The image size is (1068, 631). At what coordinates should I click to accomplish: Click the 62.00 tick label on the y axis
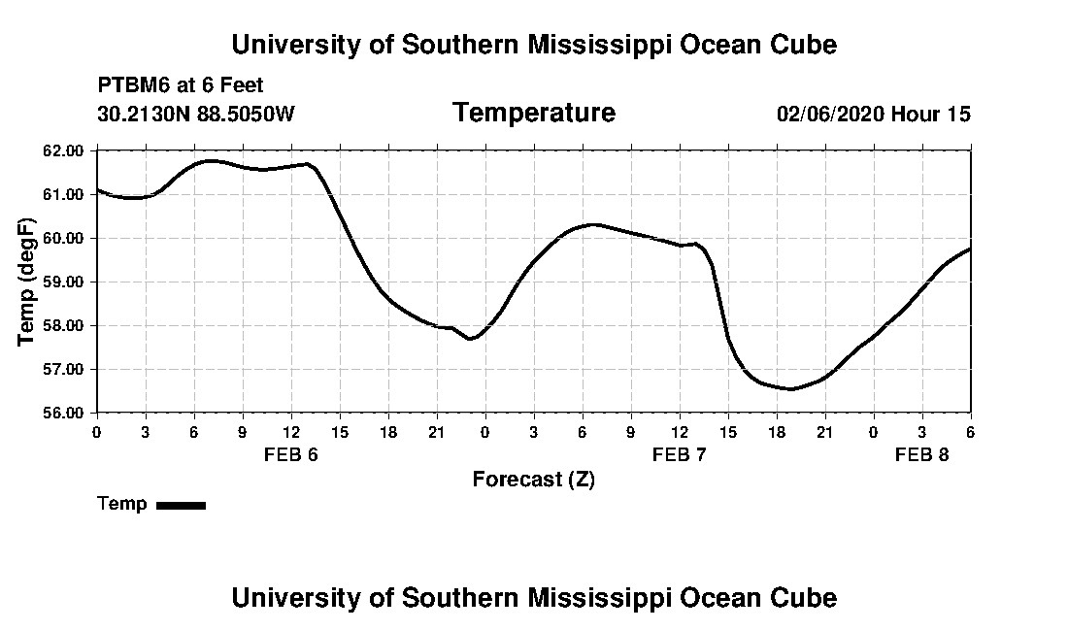click(64, 150)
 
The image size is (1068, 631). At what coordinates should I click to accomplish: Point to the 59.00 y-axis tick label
click(64, 282)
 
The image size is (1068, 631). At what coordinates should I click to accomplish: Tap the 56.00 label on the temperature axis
click(64, 413)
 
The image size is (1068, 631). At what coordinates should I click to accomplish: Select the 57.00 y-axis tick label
click(64, 369)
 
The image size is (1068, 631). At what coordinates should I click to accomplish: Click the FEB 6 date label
click(291, 454)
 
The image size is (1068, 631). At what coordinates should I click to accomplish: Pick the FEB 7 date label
click(680, 454)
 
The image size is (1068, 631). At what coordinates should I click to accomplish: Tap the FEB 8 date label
click(922, 454)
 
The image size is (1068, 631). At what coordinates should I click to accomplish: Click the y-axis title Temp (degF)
click(28, 282)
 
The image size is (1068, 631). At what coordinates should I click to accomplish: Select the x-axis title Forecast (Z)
click(533, 480)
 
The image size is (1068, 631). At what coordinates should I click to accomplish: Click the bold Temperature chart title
click(533, 114)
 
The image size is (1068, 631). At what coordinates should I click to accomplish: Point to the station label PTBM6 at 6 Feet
click(181, 86)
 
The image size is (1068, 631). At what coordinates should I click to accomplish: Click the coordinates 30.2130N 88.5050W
click(196, 115)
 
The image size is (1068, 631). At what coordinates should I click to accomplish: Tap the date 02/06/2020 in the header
click(830, 115)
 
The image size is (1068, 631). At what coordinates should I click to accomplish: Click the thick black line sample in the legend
click(182, 505)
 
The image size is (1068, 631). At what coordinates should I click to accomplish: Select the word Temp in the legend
click(122, 504)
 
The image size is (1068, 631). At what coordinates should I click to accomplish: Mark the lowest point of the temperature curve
click(792, 389)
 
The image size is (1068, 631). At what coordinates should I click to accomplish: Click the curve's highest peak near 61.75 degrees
click(212, 160)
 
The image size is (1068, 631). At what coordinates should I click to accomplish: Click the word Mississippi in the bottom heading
click(595, 598)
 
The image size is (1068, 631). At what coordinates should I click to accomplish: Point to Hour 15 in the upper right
click(931, 115)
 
